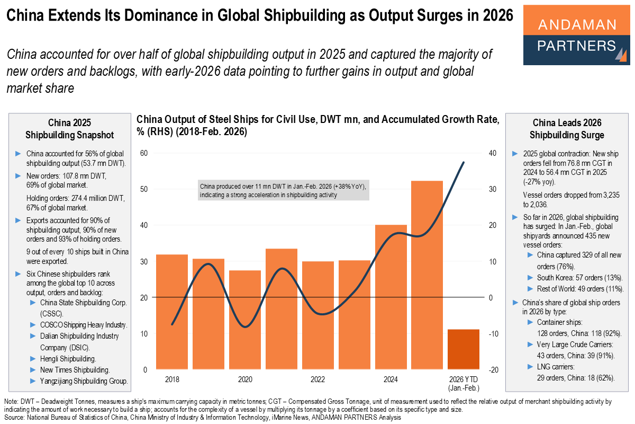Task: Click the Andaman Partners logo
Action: (x=576, y=35)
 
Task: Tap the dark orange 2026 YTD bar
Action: (x=464, y=349)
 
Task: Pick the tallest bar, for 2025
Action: (x=427, y=275)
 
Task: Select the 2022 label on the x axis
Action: (x=317, y=380)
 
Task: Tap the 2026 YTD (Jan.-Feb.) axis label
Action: (x=464, y=384)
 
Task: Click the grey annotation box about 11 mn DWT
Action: (x=283, y=191)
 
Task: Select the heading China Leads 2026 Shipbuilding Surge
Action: (x=567, y=129)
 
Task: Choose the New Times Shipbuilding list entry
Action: (x=75, y=370)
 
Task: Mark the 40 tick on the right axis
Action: (x=492, y=153)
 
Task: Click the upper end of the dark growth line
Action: (x=464, y=163)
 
